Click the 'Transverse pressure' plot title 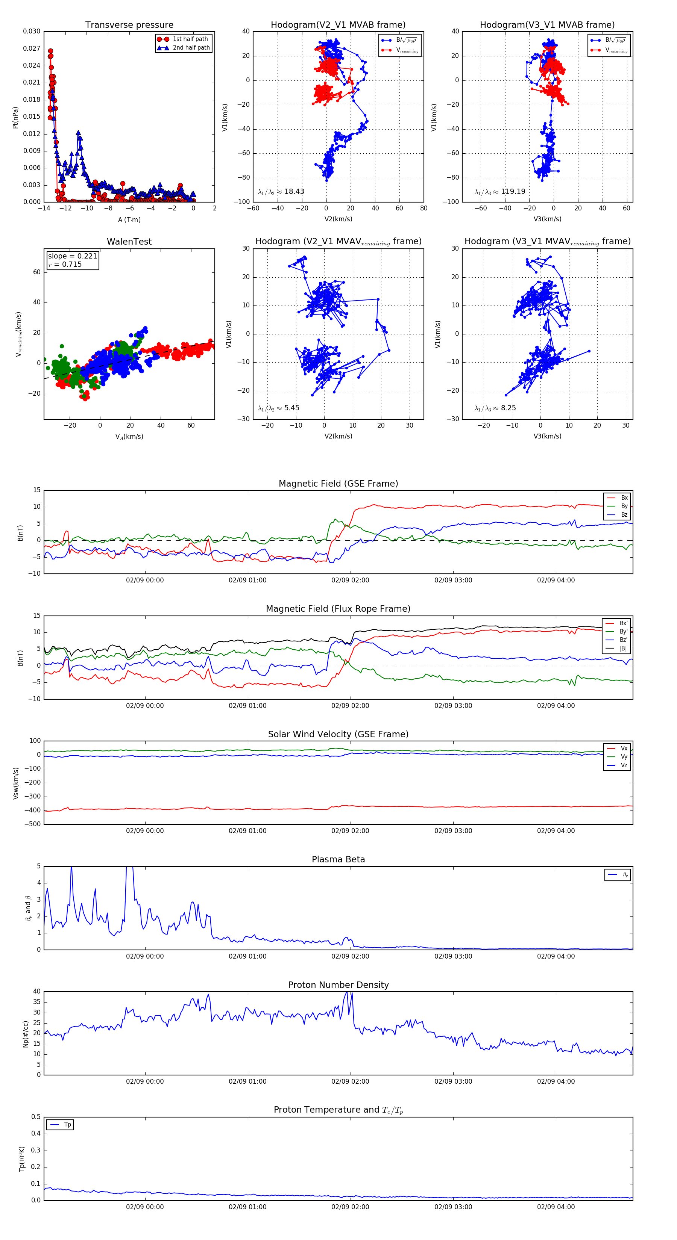129,25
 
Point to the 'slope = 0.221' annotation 72,256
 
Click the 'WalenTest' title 129,242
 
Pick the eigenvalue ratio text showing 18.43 281,192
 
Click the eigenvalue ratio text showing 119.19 500,192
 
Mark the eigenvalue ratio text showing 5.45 278,408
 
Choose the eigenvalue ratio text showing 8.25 495,408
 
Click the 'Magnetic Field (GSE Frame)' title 338,484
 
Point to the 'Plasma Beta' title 338,860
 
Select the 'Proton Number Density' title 338,985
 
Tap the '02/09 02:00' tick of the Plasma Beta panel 350,956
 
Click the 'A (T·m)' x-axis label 129,220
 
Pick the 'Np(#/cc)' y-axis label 26,1034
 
